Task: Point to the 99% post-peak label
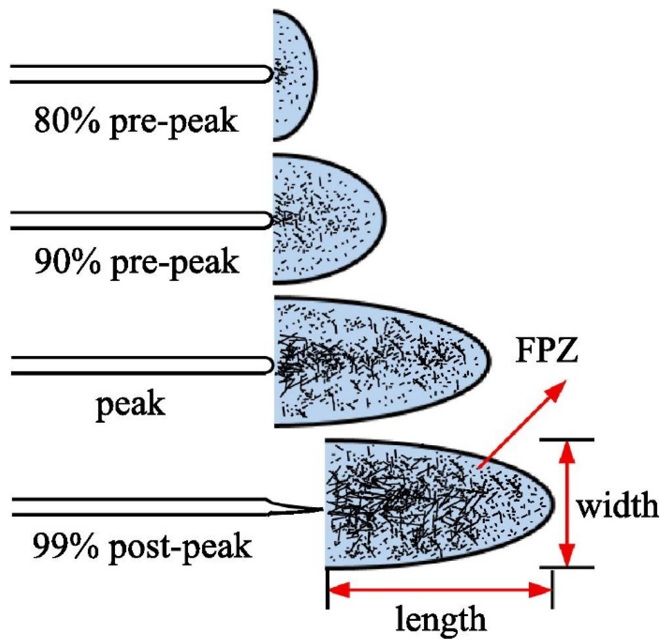click(x=142, y=547)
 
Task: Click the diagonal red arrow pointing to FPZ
click(x=523, y=425)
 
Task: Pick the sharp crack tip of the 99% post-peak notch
click(x=321, y=509)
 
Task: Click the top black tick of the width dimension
click(x=567, y=440)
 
